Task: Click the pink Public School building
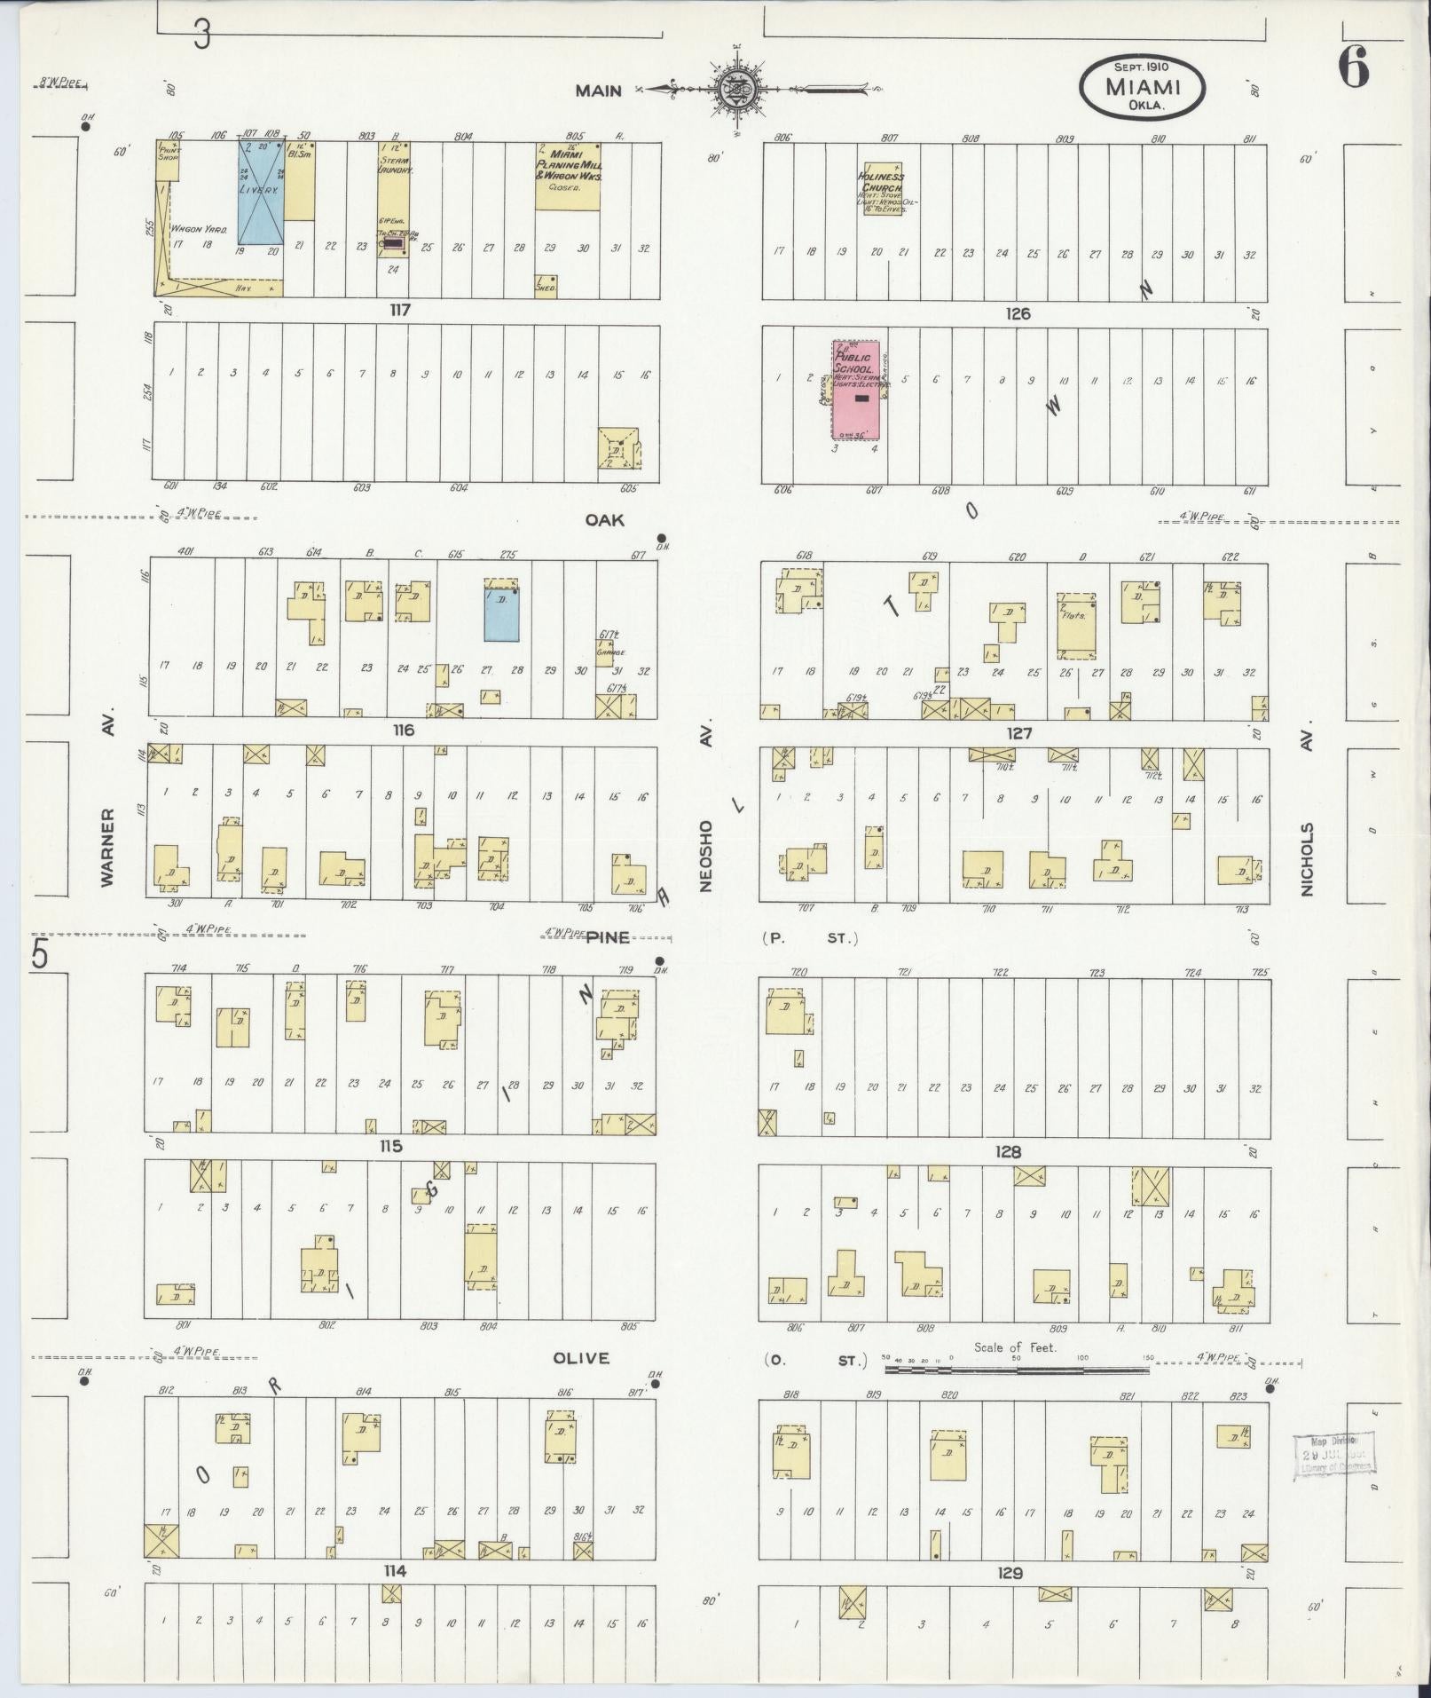[x=855, y=391]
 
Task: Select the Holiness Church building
[x=884, y=189]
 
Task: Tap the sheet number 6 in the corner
[x=1354, y=67]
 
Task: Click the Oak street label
[x=604, y=520]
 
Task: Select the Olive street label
[x=581, y=1358]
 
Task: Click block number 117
[x=397, y=311]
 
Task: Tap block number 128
[x=1008, y=1152]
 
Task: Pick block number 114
[x=395, y=1570]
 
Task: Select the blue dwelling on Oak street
[x=501, y=610]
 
